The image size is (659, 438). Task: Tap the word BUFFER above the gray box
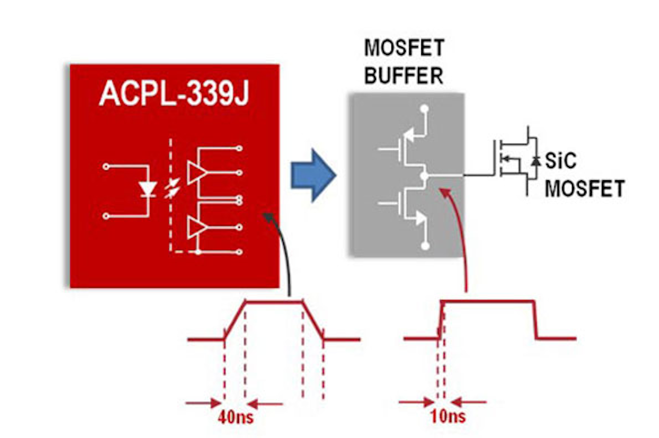click(404, 75)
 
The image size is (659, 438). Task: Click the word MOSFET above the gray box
click(404, 48)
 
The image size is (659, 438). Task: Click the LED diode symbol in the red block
click(147, 188)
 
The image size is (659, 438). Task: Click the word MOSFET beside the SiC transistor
click(587, 188)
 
